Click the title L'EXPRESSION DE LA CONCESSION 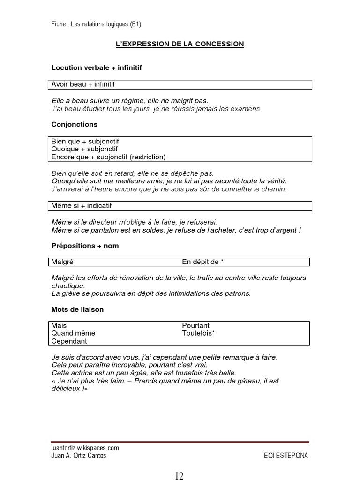[x=180, y=44]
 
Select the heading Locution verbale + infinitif [x=96, y=68]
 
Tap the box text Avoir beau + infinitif [x=83, y=84]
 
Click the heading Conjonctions [x=74, y=125]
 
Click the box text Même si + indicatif [x=82, y=206]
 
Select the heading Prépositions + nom [x=85, y=246]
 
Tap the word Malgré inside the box [x=62, y=262]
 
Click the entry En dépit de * [x=199, y=262]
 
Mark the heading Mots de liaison [x=77, y=310]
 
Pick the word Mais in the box [x=59, y=326]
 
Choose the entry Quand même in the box [x=73, y=333]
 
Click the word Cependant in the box [x=69, y=341]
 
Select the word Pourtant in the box [x=195, y=326]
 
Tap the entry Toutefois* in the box [x=198, y=333]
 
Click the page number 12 [x=180, y=475]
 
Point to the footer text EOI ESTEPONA [x=286, y=456]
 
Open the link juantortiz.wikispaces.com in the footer [x=85, y=448]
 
